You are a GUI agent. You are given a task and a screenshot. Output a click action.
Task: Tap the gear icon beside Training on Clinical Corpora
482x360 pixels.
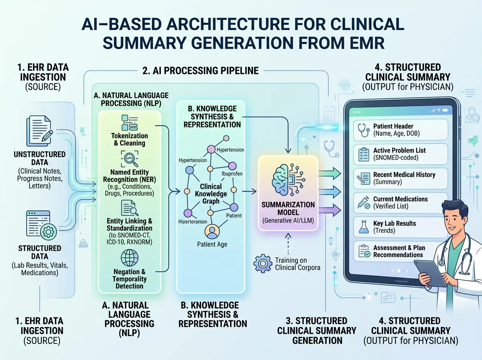tap(262, 263)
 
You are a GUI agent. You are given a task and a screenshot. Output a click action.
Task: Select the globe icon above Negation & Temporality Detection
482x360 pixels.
tap(130, 258)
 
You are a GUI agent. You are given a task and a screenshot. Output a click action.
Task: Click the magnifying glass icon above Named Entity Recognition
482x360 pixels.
tap(130, 159)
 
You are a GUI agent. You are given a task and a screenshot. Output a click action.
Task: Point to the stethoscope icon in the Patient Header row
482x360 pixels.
tap(364, 130)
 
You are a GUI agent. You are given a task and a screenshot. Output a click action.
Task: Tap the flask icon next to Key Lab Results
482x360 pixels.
tap(364, 227)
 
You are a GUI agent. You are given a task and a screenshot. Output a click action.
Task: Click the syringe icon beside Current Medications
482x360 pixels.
tap(364, 202)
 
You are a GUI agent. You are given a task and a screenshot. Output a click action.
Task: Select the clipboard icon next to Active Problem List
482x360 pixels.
tap(364, 154)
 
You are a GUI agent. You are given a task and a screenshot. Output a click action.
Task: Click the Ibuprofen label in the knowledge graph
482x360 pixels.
tap(232, 174)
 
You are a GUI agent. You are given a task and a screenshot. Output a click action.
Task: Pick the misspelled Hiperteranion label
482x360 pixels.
tap(192, 222)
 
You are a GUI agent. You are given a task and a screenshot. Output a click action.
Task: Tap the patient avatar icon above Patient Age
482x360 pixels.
tap(212, 231)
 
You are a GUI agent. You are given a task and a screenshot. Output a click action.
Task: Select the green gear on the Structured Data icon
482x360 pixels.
tap(49, 232)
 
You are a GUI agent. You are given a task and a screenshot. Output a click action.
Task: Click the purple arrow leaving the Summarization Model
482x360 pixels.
tap(330, 210)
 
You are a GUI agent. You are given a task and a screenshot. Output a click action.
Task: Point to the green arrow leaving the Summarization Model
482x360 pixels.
tap(330, 174)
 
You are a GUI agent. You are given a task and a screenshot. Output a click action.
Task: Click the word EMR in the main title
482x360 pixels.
tap(368, 43)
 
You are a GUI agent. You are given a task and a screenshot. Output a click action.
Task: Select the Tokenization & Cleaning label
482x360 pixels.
tap(130, 139)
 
